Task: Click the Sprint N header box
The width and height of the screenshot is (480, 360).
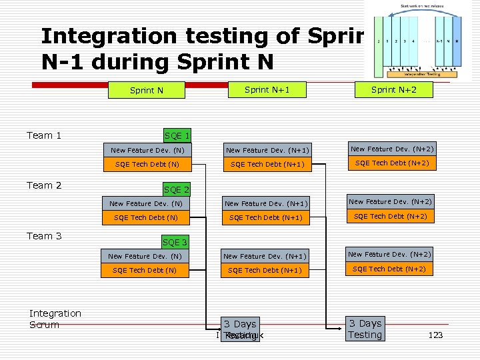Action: click(147, 90)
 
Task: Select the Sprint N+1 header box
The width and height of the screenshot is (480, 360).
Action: click(266, 89)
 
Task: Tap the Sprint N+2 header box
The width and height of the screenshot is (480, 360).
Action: click(393, 89)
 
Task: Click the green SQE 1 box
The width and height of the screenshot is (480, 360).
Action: click(177, 135)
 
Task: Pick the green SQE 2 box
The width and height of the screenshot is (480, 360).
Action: click(177, 190)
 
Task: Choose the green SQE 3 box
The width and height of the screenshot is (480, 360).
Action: click(175, 242)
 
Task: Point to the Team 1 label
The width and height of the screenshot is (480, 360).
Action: click(44, 135)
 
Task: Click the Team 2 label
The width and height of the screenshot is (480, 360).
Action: click(44, 185)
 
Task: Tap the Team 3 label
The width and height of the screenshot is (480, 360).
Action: click(44, 235)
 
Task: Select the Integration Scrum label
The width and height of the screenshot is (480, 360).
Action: click(55, 319)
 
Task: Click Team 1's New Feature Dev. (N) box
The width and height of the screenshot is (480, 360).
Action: click(147, 151)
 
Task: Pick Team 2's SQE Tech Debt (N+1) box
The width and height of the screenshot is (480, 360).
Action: click(265, 217)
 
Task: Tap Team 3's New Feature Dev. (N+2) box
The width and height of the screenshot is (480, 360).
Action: click(389, 254)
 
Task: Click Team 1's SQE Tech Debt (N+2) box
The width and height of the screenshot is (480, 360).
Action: click(392, 163)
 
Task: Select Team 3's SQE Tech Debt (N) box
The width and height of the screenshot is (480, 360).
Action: click(145, 270)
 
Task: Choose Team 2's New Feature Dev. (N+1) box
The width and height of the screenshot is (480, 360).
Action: click(265, 203)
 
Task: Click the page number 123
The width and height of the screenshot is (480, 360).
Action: click(435, 335)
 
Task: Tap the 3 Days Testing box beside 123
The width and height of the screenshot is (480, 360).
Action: click(365, 329)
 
